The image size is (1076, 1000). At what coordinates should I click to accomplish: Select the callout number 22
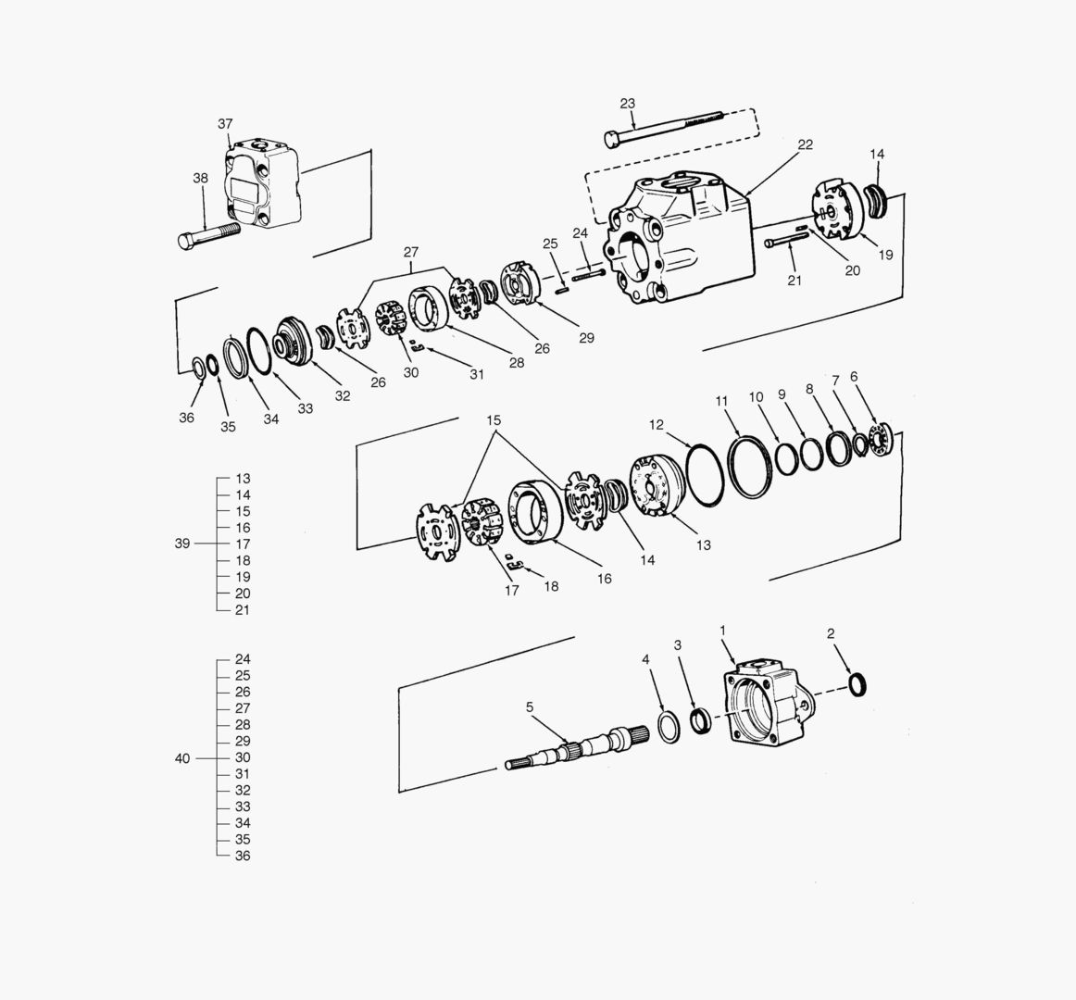(805, 144)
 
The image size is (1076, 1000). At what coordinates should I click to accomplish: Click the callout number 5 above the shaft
(530, 707)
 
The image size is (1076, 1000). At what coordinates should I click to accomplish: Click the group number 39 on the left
(182, 544)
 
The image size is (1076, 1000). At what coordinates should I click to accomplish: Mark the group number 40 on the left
(182, 758)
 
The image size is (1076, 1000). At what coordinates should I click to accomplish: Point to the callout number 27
(411, 252)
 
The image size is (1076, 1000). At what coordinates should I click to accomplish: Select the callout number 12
(657, 425)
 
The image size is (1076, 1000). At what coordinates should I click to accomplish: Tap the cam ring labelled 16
(536, 510)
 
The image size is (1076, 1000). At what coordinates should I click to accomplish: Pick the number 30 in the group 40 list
(243, 757)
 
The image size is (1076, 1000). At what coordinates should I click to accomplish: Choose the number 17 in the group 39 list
(243, 544)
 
